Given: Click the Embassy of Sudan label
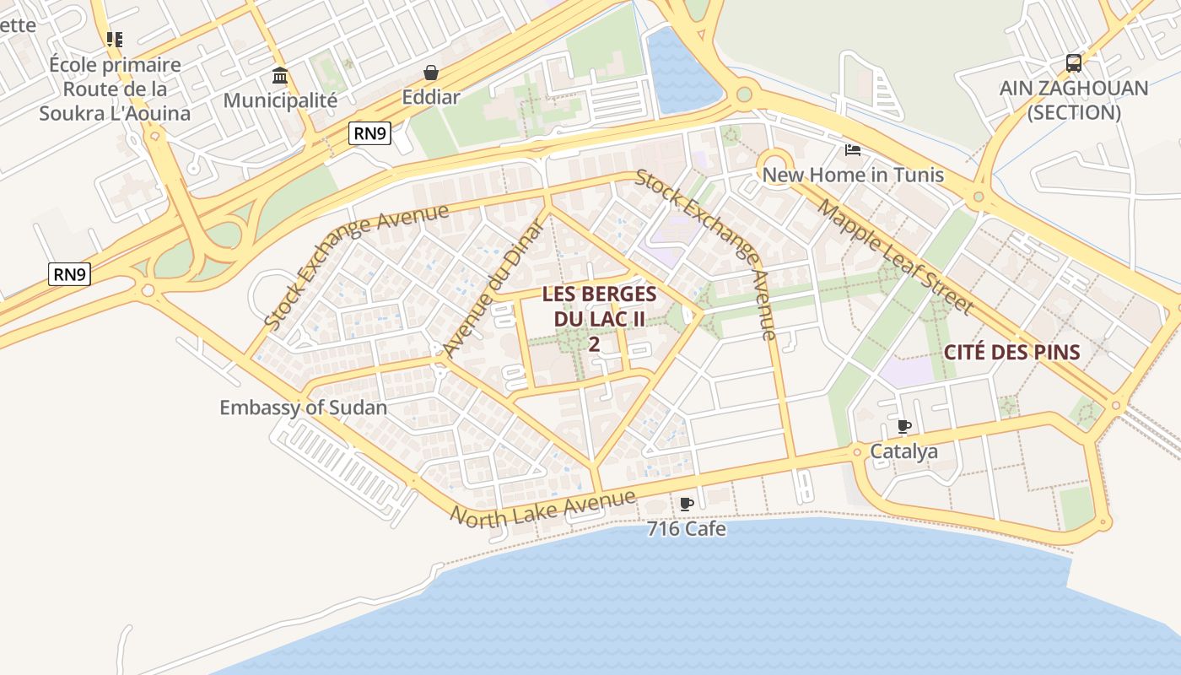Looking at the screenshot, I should (303, 408).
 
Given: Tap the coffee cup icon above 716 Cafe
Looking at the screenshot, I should (686, 504).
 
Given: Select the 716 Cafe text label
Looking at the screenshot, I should (686, 529).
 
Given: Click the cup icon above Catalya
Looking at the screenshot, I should (904, 426).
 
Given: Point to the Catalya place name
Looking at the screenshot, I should (903, 451).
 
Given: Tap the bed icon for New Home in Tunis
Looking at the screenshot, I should (853, 150).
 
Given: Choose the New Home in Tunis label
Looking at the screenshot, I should (853, 175).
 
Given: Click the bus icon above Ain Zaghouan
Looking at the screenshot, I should (1074, 62).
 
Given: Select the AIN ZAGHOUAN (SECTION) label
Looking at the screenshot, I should (1074, 100).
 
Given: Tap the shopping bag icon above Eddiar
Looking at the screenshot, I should (431, 73).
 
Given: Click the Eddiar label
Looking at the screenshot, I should (431, 97).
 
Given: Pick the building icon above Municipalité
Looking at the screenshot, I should (280, 76).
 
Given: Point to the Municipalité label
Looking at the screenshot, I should (280, 100).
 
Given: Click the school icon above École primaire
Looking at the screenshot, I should (115, 39).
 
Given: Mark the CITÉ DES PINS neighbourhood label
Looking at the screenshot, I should (1011, 352).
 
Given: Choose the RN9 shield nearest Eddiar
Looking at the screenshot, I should (370, 132).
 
